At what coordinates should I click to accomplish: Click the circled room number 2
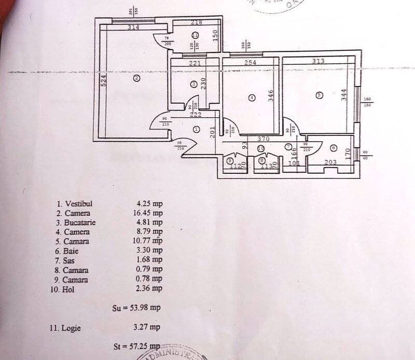(136, 78)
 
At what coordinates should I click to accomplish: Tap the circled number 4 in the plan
(251, 97)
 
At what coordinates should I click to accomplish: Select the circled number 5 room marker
(319, 94)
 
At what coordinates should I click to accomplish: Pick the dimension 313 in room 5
(319, 61)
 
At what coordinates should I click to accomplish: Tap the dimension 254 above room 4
(251, 63)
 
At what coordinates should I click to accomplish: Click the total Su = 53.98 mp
(136, 308)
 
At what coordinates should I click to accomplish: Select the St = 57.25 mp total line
(136, 345)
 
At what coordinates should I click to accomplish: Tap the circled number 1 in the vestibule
(197, 129)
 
